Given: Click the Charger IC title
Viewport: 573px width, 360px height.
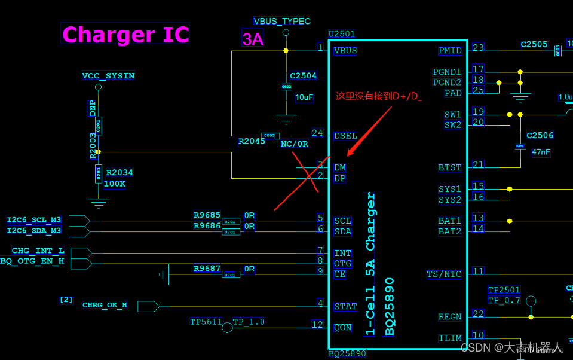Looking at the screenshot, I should (x=125, y=34).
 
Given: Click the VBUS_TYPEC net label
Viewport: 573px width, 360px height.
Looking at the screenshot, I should (x=282, y=21).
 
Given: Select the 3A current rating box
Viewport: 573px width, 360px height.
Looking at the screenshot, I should (x=252, y=39).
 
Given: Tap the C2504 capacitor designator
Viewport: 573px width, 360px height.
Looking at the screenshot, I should (x=303, y=76).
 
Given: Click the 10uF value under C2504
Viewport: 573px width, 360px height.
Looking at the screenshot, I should (x=304, y=97).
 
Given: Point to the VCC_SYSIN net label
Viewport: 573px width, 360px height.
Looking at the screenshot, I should (x=108, y=76).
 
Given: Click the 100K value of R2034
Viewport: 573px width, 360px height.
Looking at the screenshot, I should (x=115, y=184).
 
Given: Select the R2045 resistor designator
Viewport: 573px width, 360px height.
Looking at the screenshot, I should (x=252, y=141).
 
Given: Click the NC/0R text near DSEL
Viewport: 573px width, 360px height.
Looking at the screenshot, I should (x=295, y=144).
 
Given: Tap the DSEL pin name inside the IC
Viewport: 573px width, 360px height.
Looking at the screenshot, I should (x=345, y=136).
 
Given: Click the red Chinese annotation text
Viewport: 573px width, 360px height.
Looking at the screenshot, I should (x=379, y=95).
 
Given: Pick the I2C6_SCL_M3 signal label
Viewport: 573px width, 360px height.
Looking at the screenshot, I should (x=34, y=220).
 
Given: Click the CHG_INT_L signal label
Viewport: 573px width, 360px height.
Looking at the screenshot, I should (x=38, y=251).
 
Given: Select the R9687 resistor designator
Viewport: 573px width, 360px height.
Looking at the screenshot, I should (x=207, y=269).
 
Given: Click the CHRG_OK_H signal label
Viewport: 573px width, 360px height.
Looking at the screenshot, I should (x=105, y=305).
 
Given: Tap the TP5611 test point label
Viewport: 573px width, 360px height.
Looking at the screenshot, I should (x=205, y=322).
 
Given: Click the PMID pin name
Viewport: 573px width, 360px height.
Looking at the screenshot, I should (x=450, y=50).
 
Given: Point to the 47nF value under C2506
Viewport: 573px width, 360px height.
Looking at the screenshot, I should (x=540, y=152).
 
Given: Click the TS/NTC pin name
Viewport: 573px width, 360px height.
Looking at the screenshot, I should (x=444, y=274).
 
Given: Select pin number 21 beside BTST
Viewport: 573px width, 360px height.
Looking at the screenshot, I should (x=478, y=164).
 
